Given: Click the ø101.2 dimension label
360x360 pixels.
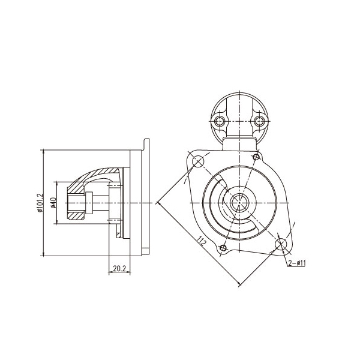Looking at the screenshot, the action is tap(40, 203).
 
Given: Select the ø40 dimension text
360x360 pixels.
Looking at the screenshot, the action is tap(53, 203).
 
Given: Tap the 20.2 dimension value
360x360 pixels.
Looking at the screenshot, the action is tap(119, 268).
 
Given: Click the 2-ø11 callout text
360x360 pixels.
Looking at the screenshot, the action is tap(297, 263).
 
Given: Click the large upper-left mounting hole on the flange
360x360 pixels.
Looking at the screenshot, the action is tap(198, 162).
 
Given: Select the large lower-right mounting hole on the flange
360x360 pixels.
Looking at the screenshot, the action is tap(281, 244).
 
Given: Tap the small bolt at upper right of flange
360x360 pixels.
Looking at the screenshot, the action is tap(256, 157).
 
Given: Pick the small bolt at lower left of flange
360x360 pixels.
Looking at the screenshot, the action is tap(223, 248).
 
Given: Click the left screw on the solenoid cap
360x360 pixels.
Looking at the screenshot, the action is tap(220, 121).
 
